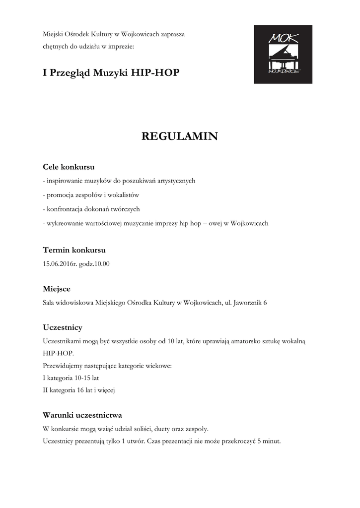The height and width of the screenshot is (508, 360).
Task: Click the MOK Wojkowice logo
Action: pos(283,54)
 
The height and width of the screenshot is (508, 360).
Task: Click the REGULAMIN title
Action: pos(180,136)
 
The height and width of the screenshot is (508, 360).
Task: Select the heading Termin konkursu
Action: pos(74,250)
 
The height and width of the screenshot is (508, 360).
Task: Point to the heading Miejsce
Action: pos(57,289)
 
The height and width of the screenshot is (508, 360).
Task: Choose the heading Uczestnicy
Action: pos(63,327)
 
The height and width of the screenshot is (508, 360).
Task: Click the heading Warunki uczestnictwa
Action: pos(82,415)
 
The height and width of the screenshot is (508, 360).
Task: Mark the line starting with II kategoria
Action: pos(79,390)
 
